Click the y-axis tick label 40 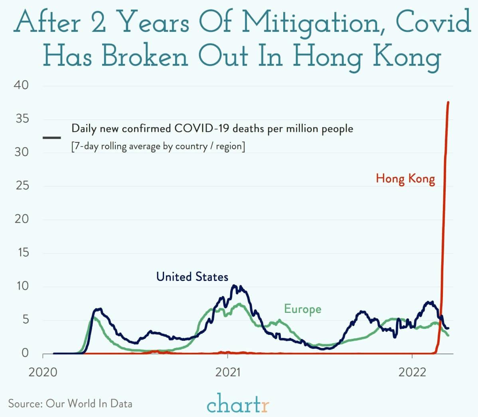[22, 85]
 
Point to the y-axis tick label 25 [22, 186]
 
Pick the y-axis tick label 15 [22, 253]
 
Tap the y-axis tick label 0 [25, 353]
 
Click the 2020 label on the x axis [43, 372]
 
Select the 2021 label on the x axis [228, 372]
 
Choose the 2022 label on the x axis [412, 372]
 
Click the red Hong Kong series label [405, 178]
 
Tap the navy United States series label [192, 277]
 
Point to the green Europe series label [302, 309]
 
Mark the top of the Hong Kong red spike [448, 103]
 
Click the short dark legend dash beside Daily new [51, 138]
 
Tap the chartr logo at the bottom [238, 403]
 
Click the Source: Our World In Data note [70, 403]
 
